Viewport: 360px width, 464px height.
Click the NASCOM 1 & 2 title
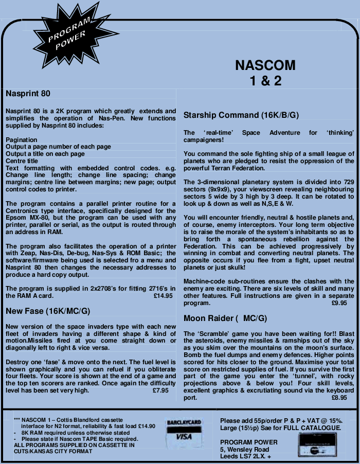click(265, 73)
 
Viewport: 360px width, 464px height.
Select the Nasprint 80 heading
click(31, 94)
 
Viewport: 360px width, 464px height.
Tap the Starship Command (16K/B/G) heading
click(241, 115)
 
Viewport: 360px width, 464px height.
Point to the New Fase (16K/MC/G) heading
click(48, 311)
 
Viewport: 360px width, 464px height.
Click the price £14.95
click(163, 296)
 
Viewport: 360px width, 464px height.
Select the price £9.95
click(339, 304)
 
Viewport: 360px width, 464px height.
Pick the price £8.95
click(339, 398)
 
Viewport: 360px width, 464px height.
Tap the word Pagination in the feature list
click(22, 140)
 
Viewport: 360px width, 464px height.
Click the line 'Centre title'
click(23, 161)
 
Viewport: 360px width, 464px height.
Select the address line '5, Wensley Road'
click(244, 450)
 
